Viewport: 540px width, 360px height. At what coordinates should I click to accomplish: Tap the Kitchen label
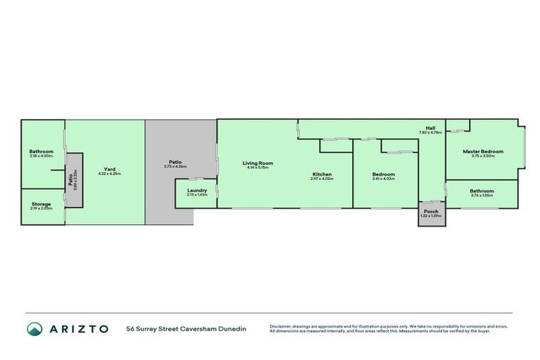pos(322,174)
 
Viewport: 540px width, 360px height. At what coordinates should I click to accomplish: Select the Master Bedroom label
pos(483,151)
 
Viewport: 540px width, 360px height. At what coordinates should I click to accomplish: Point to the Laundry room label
pos(197,190)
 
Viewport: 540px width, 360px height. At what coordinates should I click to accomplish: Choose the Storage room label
pos(40,204)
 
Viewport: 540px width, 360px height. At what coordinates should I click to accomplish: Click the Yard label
pos(110,169)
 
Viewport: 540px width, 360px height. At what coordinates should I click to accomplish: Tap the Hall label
pos(430,128)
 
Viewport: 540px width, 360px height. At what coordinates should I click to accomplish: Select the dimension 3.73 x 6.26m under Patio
pos(175,167)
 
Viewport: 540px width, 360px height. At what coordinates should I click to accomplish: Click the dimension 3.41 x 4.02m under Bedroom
pos(383,179)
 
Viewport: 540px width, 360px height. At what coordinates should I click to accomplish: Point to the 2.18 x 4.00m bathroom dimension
pos(41,155)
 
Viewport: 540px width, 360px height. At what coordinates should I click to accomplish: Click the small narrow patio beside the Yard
pos(73,180)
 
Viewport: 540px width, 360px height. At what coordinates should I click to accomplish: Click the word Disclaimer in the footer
pos(282,326)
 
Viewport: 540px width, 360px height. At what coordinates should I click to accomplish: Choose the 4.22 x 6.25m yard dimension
pos(110,173)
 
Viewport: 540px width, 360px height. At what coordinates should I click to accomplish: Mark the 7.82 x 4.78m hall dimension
pos(430,132)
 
